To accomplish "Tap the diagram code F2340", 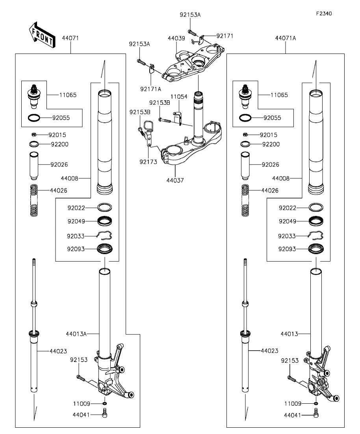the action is point(324,13).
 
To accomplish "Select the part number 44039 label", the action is point(176,38).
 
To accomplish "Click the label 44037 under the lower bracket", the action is point(175,180).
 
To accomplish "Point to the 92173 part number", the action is point(148,162).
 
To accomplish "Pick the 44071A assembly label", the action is point(286,38).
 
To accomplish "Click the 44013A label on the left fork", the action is point(76,334).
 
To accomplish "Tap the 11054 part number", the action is point(179,97).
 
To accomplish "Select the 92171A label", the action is point(150,89).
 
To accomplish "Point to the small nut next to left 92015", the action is point(33,135).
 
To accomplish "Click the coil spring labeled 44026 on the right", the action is point(245,200).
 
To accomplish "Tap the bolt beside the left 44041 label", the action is point(105,414).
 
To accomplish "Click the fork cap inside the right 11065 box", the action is point(245,97).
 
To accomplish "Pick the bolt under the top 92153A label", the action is point(192,32).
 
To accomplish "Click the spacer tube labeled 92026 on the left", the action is point(34,166).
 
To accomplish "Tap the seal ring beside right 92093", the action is point(316,249).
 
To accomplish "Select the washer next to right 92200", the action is point(245,144).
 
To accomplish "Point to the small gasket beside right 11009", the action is point(316,404).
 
